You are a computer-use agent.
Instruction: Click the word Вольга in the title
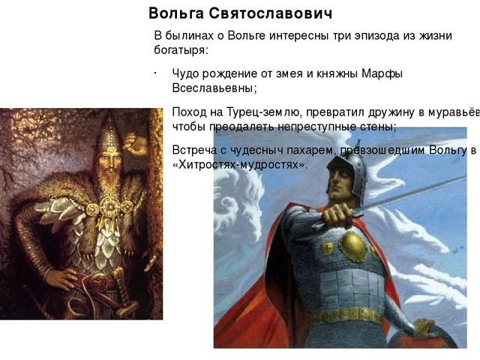(x=176, y=13)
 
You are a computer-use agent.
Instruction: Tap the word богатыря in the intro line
(x=181, y=50)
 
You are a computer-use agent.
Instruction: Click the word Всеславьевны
(x=214, y=88)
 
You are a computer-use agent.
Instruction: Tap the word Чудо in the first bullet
(x=186, y=73)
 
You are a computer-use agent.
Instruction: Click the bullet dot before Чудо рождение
(x=155, y=73)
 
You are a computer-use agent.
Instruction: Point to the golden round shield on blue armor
(x=352, y=247)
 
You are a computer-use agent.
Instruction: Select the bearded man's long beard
(x=109, y=184)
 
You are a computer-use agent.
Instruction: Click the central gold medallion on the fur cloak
(x=109, y=207)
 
